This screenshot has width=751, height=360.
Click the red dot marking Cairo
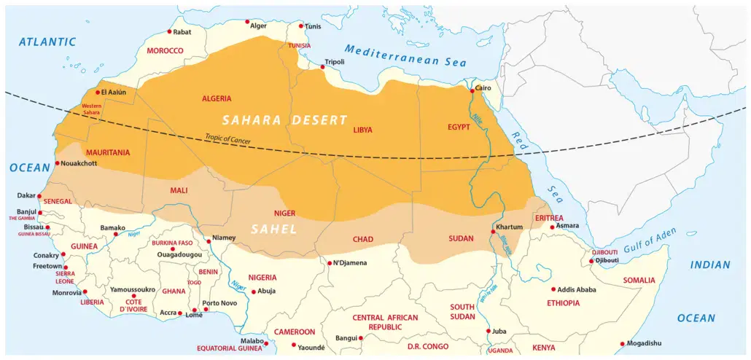472,91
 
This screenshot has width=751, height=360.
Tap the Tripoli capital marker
322,67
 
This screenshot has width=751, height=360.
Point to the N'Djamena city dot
330,263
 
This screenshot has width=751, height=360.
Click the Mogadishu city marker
622,343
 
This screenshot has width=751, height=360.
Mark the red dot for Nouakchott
58,163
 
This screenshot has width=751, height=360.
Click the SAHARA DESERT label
274,120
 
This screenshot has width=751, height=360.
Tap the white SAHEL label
273,229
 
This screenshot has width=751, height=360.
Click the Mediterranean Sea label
405,55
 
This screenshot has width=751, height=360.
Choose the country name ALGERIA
216,98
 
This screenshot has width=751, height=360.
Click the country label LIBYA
362,130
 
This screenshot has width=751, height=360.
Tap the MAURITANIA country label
108,153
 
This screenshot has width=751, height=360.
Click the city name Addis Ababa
578,289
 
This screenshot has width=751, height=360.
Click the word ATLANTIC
47,42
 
